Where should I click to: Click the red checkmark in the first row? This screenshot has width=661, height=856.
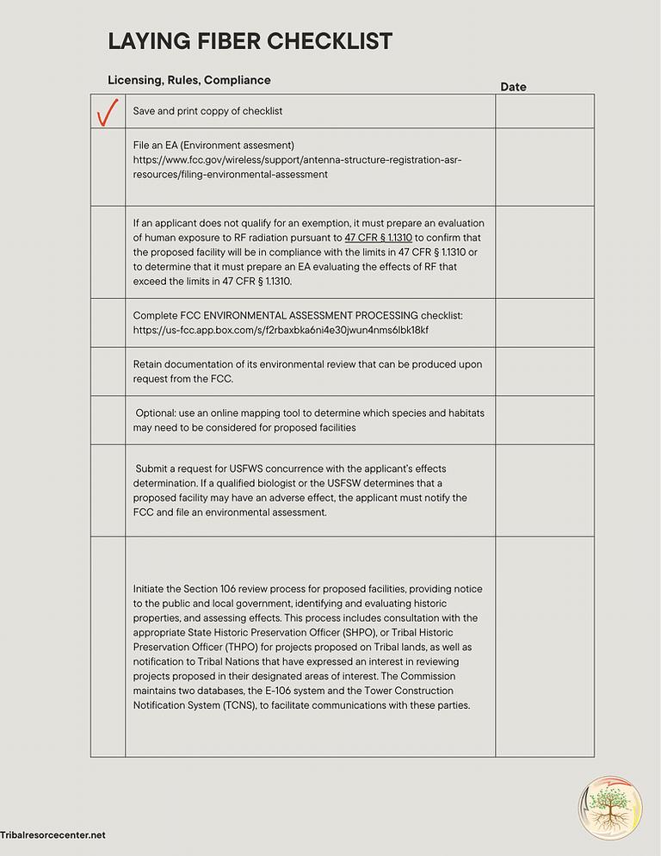pos(108,112)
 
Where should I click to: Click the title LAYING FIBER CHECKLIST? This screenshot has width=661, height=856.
pos(250,40)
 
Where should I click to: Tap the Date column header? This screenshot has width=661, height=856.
pos(513,87)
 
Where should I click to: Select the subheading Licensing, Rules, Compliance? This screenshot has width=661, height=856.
pos(188,80)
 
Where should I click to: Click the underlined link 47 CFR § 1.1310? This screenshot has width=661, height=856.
pos(378,237)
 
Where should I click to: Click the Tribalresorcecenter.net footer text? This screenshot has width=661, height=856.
pos(53,835)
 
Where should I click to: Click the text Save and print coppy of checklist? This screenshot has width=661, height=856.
pos(207,111)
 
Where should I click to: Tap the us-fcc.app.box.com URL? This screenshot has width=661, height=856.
pos(281,330)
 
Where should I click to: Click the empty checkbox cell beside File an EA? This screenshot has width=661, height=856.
pos(108,167)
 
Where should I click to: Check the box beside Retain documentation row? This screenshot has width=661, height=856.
pos(108,371)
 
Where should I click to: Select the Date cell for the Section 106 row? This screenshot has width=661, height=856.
pos(544,646)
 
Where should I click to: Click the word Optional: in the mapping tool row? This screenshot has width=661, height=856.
pos(156,412)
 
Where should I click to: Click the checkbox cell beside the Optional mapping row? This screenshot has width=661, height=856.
pos(108,420)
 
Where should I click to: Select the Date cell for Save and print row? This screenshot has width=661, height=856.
pos(544,111)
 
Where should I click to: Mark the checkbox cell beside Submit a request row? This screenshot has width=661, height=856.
pos(108,490)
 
